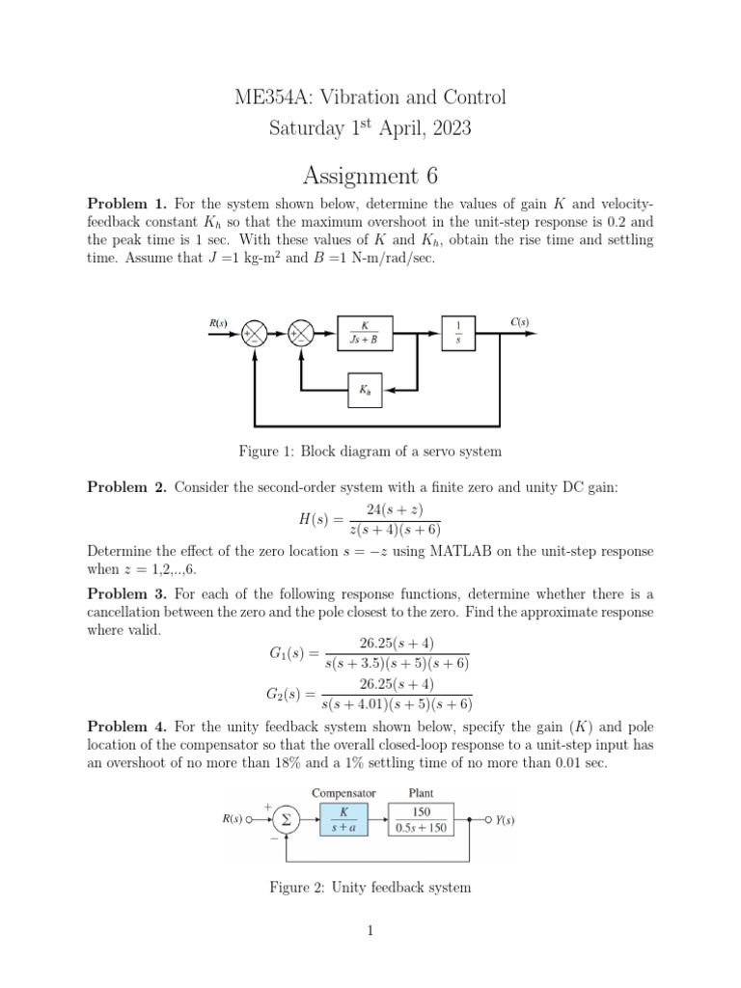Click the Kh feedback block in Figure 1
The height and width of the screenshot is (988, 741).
coord(364,391)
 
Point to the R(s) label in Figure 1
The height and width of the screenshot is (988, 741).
coord(219,323)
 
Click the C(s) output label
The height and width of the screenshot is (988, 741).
coord(519,322)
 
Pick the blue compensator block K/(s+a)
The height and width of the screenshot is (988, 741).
coord(343,820)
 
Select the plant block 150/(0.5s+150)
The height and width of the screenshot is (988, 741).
coord(422,820)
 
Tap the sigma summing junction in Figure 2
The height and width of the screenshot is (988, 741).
coord(284,820)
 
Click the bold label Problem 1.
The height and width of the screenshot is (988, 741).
coord(127,204)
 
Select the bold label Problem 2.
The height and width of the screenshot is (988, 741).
coord(127,487)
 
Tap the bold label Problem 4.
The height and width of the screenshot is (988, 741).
coord(127,726)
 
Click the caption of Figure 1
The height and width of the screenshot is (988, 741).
coord(370,451)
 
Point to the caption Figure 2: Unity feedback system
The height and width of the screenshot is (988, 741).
coord(370,887)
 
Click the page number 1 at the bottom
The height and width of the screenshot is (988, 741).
coord(370,930)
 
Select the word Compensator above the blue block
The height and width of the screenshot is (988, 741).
coord(343,793)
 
